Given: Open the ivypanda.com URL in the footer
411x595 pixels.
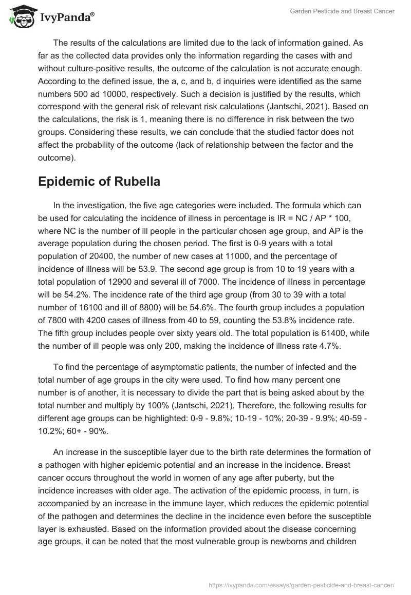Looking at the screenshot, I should (302, 584).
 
